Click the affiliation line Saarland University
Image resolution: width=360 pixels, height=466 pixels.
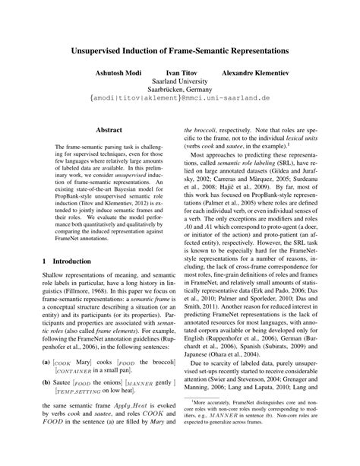(x=180, y=87)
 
